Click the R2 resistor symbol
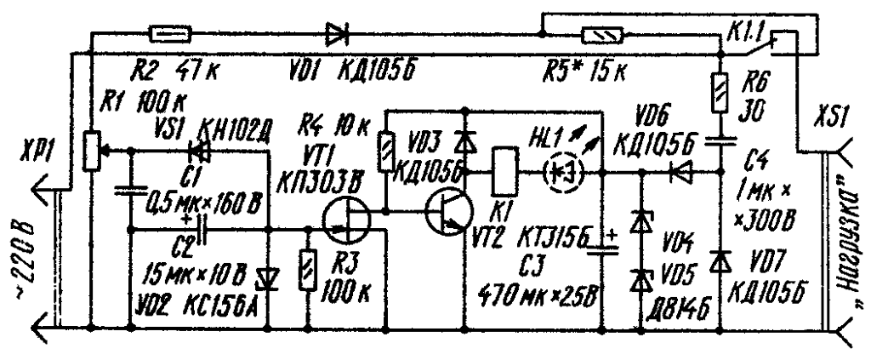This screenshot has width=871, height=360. (170, 34)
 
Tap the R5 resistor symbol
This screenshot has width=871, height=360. (605, 35)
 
